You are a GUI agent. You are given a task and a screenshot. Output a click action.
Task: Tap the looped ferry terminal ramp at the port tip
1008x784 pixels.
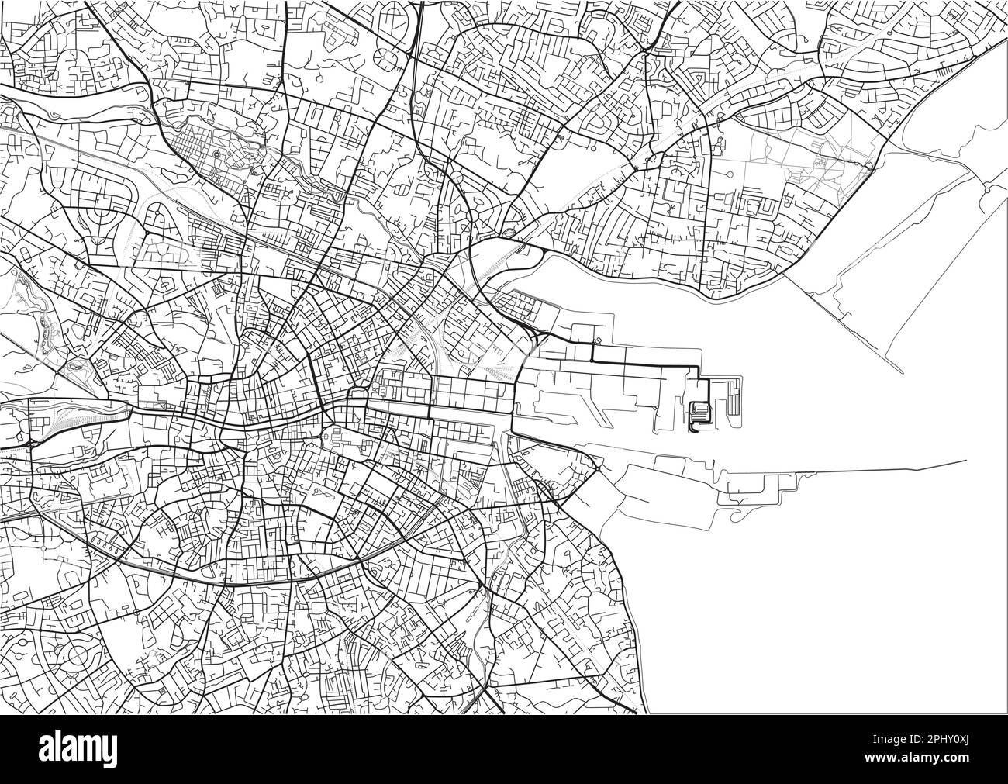tap(699, 412)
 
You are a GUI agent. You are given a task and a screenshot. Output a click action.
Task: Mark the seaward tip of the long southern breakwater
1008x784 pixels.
tap(966, 461)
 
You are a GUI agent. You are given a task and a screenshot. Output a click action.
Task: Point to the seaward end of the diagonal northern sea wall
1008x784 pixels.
tap(903, 372)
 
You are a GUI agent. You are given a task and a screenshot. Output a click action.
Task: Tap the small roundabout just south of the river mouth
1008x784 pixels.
tap(598, 468)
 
